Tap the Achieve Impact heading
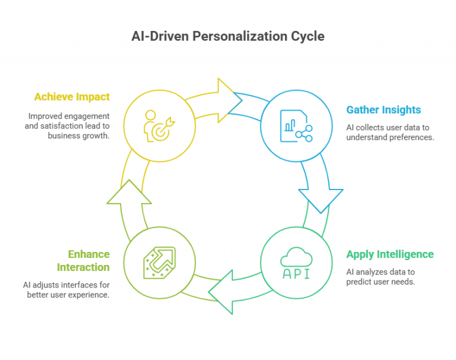72,97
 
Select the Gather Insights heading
384,110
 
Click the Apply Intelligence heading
390,254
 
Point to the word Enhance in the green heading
88,254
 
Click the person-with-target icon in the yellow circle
159,126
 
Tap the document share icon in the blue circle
296,126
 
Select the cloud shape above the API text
296,257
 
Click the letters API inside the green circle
296,274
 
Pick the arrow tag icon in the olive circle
160,263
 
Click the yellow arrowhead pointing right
230,100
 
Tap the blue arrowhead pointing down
321,201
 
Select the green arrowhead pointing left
220,292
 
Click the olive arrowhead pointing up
129,192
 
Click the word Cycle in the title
308,36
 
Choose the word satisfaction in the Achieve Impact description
62,126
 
